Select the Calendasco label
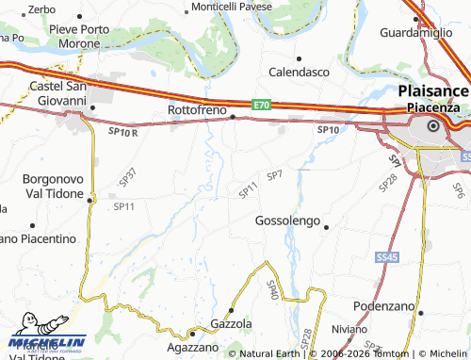tap(299, 72)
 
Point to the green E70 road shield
tap(261, 105)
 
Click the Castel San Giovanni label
tap(58, 93)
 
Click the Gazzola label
tap(233, 323)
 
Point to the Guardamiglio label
tap(415, 32)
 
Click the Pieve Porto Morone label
tap(91, 37)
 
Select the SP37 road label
tap(128, 175)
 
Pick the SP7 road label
tap(274, 175)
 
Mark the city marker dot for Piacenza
tap(433, 125)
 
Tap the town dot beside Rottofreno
tap(233, 116)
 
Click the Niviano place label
tap(349, 330)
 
